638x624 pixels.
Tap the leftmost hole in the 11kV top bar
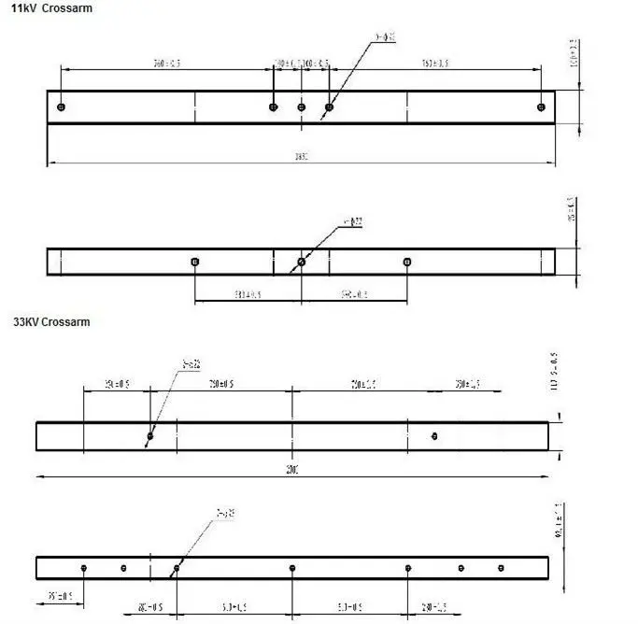pos(61,106)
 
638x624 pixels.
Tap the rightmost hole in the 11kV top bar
pos(541,106)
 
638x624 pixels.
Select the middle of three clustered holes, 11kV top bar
pos(301,106)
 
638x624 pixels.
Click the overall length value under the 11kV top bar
pos(302,157)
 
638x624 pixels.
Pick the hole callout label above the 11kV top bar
pos(385,37)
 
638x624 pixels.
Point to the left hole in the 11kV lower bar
pos(194,262)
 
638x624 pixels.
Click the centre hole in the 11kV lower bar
pos(301,262)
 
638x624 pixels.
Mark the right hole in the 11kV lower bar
pos(406,262)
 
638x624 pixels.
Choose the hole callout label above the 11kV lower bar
pos(352,222)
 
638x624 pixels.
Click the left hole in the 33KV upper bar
pos(149,435)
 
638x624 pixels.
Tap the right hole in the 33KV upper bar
pos(434,435)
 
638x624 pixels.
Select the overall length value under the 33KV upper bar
pos(292,471)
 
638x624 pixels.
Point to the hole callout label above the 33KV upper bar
pos(192,362)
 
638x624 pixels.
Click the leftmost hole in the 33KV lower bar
pos(84,568)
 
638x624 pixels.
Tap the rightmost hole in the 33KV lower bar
pos(501,568)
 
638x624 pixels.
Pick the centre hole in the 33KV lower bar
pos(292,568)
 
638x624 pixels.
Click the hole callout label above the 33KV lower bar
pos(224,513)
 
